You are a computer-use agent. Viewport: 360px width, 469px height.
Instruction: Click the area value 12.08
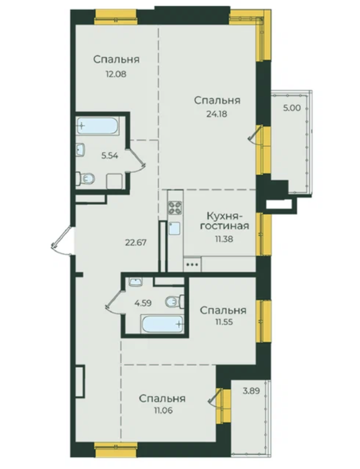[x=115, y=74]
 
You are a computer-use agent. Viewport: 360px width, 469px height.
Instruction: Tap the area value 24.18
[x=217, y=114]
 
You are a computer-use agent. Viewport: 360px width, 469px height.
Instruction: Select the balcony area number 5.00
[x=292, y=108]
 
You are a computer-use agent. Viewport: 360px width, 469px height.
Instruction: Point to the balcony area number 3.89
[x=251, y=391]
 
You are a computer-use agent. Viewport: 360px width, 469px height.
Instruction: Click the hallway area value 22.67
[x=136, y=242]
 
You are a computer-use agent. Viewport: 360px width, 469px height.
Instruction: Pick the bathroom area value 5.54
[x=110, y=155]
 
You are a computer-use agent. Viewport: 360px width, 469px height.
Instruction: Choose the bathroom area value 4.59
[x=143, y=303]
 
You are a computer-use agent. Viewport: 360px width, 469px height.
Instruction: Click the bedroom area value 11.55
[x=223, y=322]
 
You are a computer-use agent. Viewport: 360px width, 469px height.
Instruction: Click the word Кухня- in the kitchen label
[x=225, y=216]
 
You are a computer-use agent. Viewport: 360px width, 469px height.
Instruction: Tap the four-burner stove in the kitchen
[x=175, y=207]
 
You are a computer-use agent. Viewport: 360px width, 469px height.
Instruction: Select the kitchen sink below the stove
[x=174, y=228]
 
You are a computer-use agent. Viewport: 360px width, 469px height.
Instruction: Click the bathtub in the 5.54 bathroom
[x=98, y=126]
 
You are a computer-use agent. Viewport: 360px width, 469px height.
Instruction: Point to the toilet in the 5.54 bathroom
[x=86, y=179]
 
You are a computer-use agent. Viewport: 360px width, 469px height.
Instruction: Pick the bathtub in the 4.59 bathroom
[x=162, y=324]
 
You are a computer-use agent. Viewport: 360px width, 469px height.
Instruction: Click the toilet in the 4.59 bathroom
[x=175, y=301]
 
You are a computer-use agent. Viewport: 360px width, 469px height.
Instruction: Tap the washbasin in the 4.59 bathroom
[x=136, y=282]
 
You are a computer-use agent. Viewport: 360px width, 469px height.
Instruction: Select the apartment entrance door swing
[x=62, y=241]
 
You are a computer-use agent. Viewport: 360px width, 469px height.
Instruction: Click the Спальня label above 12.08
[x=117, y=59]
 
